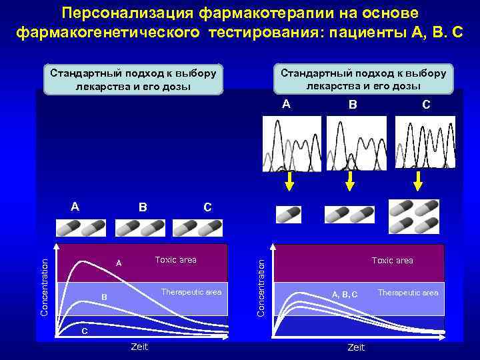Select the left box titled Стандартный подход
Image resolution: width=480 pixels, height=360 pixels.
[134, 79]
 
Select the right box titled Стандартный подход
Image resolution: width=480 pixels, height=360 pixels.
[363, 79]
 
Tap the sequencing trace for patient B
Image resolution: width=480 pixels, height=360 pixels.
[356, 143]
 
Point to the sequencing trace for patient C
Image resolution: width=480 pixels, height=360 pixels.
[425, 143]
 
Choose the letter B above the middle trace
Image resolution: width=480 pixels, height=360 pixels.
[353, 105]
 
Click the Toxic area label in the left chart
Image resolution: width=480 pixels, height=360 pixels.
[175, 260]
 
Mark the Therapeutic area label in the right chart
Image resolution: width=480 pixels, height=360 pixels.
[408, 293]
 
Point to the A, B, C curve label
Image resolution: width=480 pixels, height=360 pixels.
[345, 294]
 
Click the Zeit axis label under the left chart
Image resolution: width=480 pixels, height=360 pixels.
[139, 347]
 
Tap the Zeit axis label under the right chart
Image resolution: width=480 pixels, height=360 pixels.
[356, 347]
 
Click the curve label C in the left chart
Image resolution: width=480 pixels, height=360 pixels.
[84, 331]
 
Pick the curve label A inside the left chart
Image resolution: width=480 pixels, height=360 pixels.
[119, 263]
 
